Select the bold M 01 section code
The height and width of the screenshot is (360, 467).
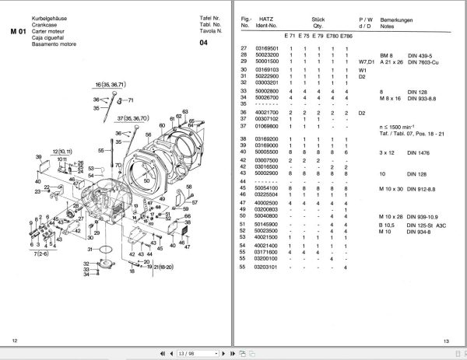[18, 31]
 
